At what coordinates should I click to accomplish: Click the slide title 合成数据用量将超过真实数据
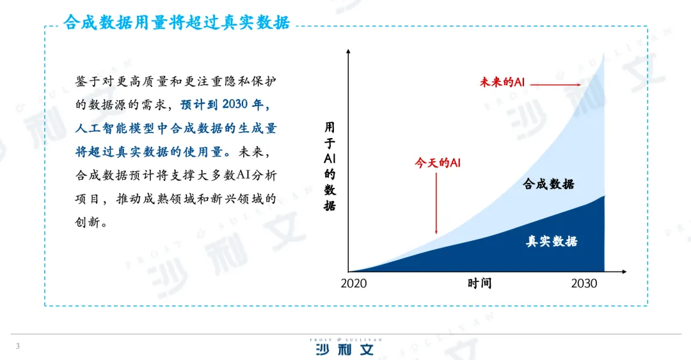[x=177, y=22]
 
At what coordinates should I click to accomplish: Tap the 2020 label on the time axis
[x=353, y=283]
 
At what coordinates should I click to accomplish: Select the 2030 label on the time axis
[x=584, y=283]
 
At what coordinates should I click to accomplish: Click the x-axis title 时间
[x=479, y=283]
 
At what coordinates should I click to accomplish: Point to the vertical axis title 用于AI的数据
[x=330, y=166]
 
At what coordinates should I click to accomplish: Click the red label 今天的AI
[x=438, y=163]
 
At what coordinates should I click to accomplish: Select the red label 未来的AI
[x=502, y=82]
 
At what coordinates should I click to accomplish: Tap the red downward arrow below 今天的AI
[x=436, y=203]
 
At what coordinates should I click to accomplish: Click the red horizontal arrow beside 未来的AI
[x=555, y=84]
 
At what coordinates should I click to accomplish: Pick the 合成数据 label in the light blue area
[x=549, y=184]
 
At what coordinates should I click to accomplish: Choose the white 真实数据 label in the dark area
[x=552, y=241]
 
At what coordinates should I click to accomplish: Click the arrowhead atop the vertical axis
[x=348, y=52]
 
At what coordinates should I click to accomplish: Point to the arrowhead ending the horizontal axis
[x=624, y=271]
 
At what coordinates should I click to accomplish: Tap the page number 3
[x=18, y=347]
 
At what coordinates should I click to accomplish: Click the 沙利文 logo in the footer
[x=345, y=350]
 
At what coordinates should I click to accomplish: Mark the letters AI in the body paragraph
[x=243, y=175]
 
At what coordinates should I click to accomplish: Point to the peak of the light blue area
[x=603, y=54]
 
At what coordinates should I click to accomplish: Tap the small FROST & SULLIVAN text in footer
[x=345, y=340]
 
